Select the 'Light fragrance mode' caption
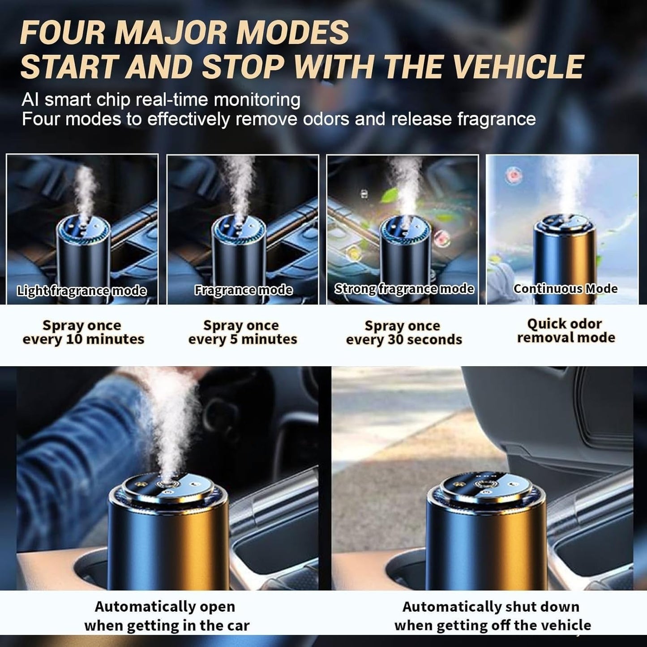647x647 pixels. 81,291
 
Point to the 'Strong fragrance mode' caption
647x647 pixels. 404,289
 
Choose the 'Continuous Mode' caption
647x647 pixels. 565,289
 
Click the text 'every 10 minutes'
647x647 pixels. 83,339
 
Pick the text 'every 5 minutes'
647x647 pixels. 243,339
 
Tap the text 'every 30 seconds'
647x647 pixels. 404,340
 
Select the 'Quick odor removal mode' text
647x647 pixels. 566,330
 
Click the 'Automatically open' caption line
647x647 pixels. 165,607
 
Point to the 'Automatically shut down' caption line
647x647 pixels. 491,607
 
